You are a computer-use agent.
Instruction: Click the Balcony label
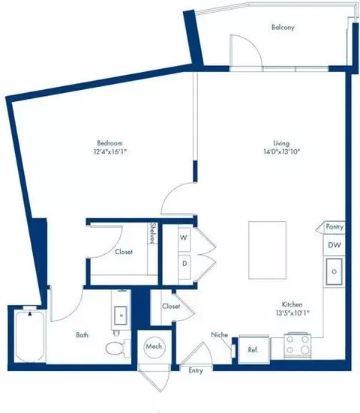coord(283,28)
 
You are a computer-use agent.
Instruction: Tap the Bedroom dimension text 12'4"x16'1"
coord(109,152)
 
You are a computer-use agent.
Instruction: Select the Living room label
coord(282,142)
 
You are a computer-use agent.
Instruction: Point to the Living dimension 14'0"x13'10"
coord(282,152)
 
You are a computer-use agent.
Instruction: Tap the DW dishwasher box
coord(334,245)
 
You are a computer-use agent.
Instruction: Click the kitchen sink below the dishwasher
coord(334,270)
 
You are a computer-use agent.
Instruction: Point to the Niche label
coord(219,334)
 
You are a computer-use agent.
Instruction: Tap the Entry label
coord(196,370)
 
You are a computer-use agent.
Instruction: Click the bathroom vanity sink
coord(118,314)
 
